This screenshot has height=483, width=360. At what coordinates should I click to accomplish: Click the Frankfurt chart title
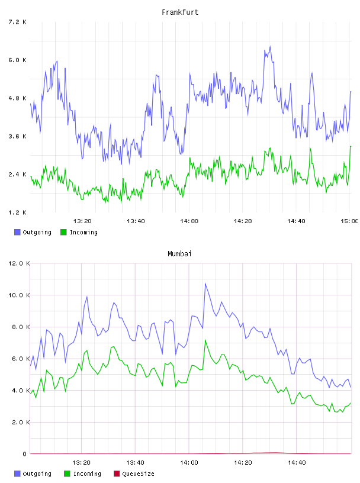click(x=180, y=12)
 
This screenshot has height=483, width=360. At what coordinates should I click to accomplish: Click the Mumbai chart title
click(x=179, y=254)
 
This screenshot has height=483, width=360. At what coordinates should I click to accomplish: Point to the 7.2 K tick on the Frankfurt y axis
click(x=17, y=22)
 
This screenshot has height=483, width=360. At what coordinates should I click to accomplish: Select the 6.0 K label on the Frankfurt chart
click(x=17, y=60)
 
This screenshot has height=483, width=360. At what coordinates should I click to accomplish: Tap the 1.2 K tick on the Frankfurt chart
click(x=17, y=212)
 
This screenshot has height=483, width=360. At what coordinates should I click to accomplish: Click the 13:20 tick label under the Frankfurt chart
click(x=82, y=221)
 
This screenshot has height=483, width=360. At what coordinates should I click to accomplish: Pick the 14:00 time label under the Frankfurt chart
click(x=189, y=221)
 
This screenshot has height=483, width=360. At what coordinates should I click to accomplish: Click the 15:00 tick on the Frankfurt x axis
click(x=349, y=221)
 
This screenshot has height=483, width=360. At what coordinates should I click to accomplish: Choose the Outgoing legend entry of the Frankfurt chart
click(x=33, y=232)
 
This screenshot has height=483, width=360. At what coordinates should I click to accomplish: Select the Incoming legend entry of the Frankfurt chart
click(x=79, y=232)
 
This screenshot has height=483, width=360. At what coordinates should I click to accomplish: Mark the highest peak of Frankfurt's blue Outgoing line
click(x=271, y=47)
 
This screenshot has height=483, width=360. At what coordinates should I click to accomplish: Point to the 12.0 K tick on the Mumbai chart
click(x=19, y=263)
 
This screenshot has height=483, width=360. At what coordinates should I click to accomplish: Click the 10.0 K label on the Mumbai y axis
click(x=19, y=295)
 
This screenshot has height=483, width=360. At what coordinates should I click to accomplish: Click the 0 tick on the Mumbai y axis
click(x=25, y=454)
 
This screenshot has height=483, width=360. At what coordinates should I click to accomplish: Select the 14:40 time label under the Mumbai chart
click(x=297, y=463)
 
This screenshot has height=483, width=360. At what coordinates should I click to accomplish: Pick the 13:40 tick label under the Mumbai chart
click(x=135, y=463)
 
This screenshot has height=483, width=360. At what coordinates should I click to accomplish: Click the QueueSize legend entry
click(x=134, y=474)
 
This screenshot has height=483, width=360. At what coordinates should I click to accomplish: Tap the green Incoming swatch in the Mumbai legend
click(x=67, y=474)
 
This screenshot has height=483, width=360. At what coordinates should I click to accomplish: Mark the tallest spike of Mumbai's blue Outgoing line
click(x=205, y=284)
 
